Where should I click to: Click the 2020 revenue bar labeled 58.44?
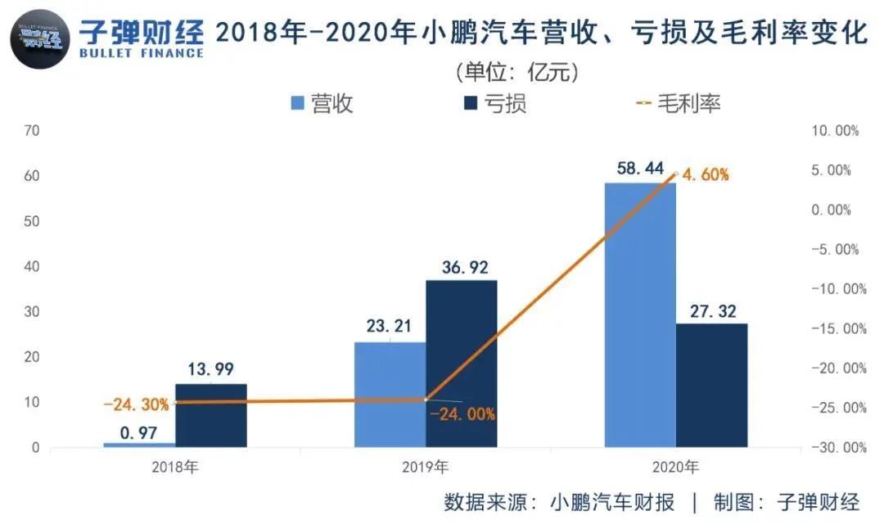click(x=640, y=315)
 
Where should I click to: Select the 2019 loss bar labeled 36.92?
click(x=462, y=364)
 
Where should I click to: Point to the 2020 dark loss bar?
click(x=712, y=385)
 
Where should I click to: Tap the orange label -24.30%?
click(x=136, y=404)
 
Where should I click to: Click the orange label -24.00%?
click(x=462, y=414)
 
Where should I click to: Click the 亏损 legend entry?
click(x=494, y=104)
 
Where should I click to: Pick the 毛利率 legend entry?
click(x=679, y=104)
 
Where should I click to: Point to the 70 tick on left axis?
click(x=33, y=130)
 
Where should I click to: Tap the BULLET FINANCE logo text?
click(x=141, y=53)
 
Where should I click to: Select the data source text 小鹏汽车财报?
click(x=612, y=502)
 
